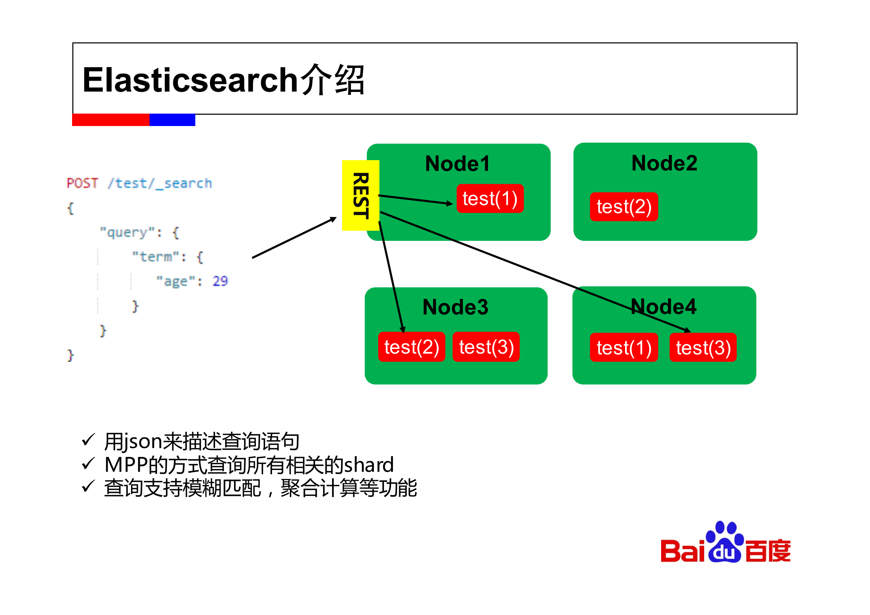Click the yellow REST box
[x=360, y=195]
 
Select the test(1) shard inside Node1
[x=490, y=199]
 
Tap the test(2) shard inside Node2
[x=624, y=207]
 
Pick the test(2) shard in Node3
[x=411, y=347]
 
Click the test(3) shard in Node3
[x=486, y=347]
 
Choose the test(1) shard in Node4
[x=624, y=347]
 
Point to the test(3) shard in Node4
[x=703, y=347]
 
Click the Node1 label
[x=457, y=163]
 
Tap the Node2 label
[x=664, y=163]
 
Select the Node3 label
[x=455, y=307]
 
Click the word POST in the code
[x=82, y=183]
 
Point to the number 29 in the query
[x=220, y=281]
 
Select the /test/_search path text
[x=160, y=183]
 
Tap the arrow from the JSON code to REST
[x=294, y=238]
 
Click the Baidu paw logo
[x=724, y=542]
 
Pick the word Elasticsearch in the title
[x=190, y=80]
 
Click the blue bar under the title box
[x=172, y=120]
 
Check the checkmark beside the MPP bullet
[x=88, y=464]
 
